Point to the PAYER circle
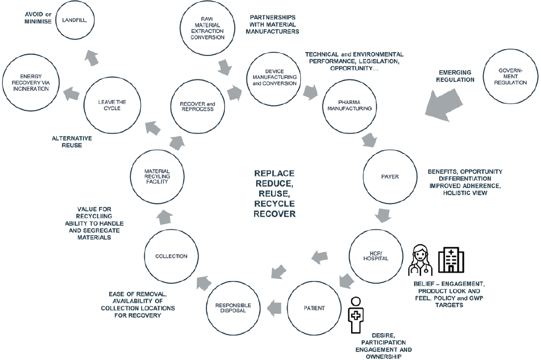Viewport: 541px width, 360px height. (x=389, y=176)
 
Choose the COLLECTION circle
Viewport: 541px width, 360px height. (x=171, y=256)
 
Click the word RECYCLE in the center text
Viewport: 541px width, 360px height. (x=274, y=203)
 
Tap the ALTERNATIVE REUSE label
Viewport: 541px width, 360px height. (x=71, y=141)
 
